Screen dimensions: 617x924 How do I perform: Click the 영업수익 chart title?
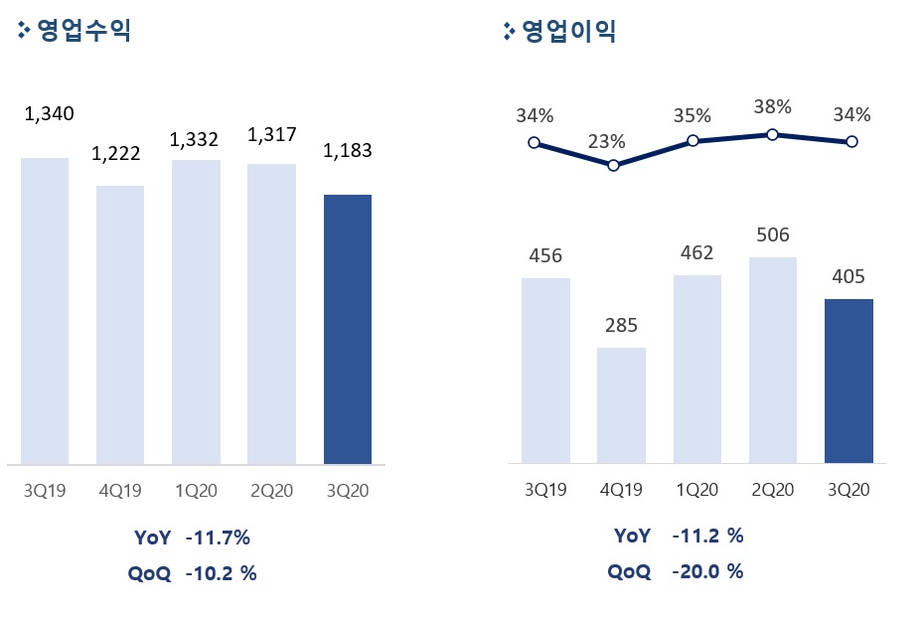(83, 31)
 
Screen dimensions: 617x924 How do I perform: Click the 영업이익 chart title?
(568, 31)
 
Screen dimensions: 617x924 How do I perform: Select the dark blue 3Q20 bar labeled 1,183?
(348, 329)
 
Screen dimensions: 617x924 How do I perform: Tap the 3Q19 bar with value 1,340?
(45, 310)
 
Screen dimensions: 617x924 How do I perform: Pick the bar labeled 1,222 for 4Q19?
(120, 325)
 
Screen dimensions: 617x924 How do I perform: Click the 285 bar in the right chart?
(621, 404)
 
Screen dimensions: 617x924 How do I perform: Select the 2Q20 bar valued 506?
(773, 360)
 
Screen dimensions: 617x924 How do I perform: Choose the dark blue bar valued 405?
(848, 381)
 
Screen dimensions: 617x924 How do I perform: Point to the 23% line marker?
(613, 165)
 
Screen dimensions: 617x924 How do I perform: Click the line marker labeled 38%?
(772, 134)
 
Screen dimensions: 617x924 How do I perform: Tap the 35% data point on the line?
(693, 141)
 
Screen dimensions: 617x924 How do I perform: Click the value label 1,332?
(194, 139)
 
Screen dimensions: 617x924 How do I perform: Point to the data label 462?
(696, 253)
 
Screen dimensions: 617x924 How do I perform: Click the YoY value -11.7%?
(218, 539)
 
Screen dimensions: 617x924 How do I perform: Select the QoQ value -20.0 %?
(707, 571)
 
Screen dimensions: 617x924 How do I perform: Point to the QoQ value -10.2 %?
(221, 573)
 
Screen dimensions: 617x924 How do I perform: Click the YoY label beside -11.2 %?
(632, 536)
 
